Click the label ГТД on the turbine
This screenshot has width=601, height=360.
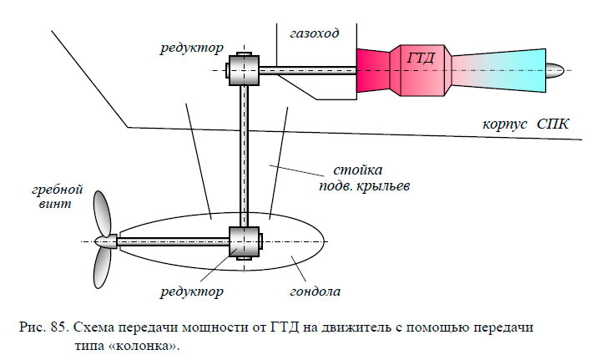click(x=422, y=59)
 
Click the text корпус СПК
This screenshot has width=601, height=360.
click(x=525, y=124)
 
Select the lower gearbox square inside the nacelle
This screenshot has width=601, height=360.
click(x=244, y=242)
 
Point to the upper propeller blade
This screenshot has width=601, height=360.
click(x=101, y=212)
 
